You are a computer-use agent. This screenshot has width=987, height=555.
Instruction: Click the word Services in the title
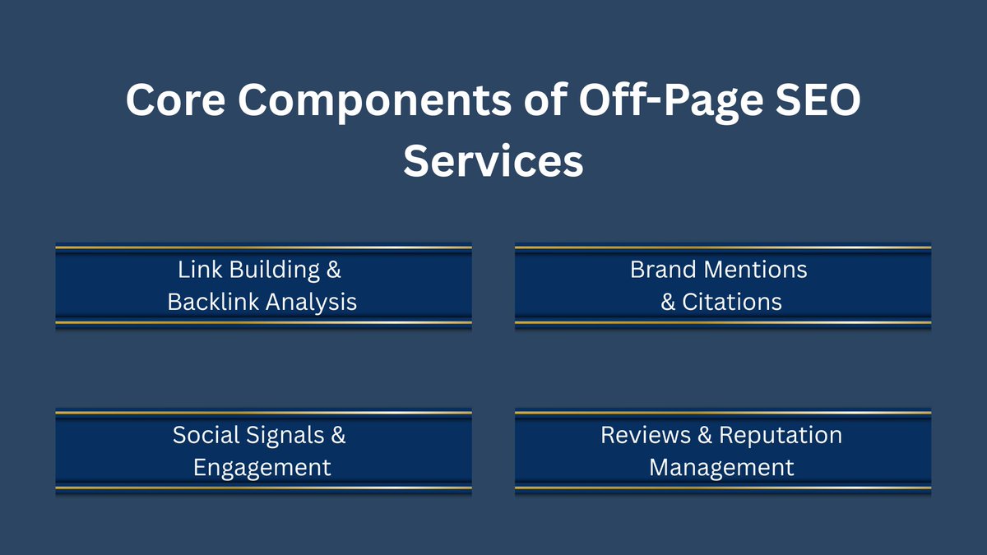(x=493, y=161)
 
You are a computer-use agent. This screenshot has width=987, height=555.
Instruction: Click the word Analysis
(x=311, y=302)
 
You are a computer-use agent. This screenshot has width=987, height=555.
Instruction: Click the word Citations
(x=732, y=302)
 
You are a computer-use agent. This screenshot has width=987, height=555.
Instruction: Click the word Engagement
(x=262, y=467)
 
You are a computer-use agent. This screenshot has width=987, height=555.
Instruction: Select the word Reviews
(x=646, y=435)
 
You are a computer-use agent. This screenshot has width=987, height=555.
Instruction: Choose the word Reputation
(x=781, y=435)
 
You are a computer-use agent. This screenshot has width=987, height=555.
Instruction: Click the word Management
(x=722, y=467)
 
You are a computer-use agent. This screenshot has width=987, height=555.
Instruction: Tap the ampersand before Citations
(x=669, y=302)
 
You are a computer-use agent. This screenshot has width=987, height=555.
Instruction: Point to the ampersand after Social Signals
(x=338, y=435)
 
